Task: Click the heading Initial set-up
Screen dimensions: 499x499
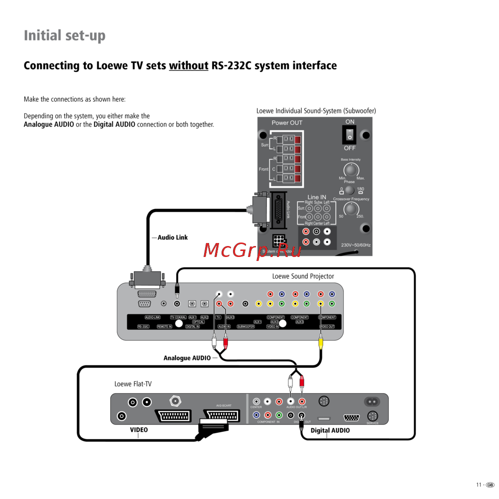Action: click(65, 36)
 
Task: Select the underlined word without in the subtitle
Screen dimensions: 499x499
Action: click(189, 66)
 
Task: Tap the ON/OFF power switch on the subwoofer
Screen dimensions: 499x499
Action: click(350, 134)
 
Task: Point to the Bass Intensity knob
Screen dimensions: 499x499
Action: click(351, 170)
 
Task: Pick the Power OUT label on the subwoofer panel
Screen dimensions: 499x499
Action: click(287, 123)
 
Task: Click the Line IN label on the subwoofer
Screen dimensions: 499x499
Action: click(317, 197)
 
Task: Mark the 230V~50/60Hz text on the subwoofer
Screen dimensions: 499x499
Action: click(356, 246)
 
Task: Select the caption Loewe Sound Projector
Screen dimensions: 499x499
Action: click(303, 276)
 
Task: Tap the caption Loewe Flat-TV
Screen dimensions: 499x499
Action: click(133, 384)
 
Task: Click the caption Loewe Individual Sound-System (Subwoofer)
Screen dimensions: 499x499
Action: click(316, 111)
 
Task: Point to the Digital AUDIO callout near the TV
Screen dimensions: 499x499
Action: click(330, 431)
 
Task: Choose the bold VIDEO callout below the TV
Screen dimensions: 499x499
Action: click(139, 430)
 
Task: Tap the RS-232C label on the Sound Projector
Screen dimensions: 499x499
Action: click(144, 326)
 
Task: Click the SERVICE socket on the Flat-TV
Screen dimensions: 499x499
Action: click(372, 416)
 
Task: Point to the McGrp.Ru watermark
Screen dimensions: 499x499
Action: click(253, 250)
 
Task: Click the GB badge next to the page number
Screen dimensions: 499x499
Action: click(490, 485)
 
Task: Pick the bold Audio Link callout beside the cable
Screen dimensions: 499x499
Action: click(173, 238)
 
